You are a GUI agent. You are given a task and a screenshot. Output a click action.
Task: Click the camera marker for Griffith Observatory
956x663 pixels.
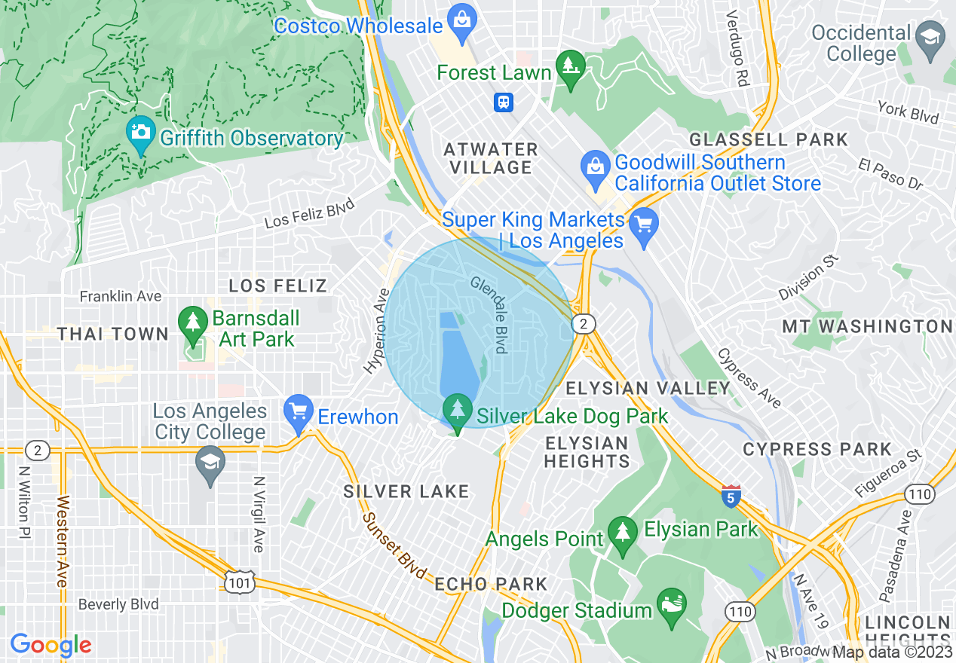[x=140, y=133]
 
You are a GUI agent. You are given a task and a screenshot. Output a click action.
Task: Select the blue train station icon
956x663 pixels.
[x=504, y=102]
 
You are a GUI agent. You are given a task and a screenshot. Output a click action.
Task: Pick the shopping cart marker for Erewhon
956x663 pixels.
[x=299, y=412]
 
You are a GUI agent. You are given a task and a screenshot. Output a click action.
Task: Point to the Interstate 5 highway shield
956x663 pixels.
[x=730, y=496]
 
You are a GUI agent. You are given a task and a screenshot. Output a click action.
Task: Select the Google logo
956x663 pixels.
[x=51, y=645]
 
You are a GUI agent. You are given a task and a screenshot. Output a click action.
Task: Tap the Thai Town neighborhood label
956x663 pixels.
[x=113, y=334]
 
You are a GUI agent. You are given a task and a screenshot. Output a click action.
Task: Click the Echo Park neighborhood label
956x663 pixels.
[x=491, y=584]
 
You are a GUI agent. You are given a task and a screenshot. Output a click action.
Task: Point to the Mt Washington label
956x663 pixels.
[x=867, y=326]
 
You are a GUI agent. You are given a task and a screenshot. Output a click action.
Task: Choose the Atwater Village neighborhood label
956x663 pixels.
[x=491, y=158]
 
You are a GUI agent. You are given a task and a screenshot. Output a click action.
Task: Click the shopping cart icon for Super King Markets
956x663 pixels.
[x=643, y=225]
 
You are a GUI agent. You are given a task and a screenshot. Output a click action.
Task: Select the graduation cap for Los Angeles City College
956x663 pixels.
[x=210, y=464]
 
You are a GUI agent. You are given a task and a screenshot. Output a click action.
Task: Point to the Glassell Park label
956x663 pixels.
[x=768, y=139]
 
